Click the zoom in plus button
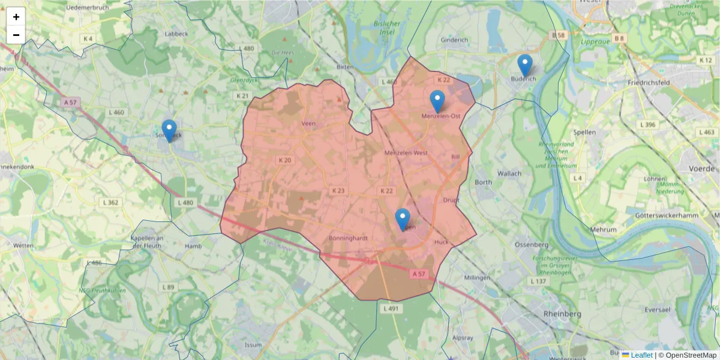tap(16, 17)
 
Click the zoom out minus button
tap(16, 35)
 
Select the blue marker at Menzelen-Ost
tap(437, 101)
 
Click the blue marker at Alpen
tap(403, 219)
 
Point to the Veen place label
tap(308, 124)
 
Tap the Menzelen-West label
tap(406, 153)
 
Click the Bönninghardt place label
tap(348, 238)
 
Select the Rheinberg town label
tap(562, 314)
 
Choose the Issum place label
tap(253, 345)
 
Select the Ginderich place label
tap(454, 40)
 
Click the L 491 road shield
tap(390, 308)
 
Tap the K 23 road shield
tap(338, 190)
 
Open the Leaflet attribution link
tap(641, 355)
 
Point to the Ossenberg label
tap(532, 245)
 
